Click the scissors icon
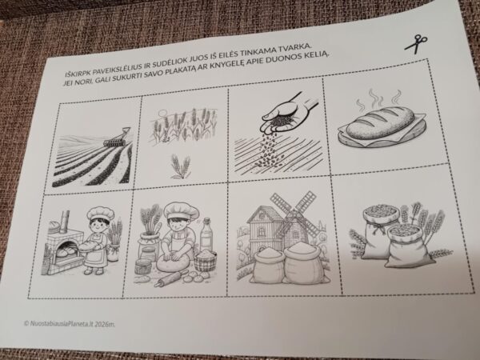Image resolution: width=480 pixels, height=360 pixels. point(416,44)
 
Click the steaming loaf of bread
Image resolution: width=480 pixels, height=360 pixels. point(381,124)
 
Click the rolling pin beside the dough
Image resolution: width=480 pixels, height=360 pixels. point(171,278)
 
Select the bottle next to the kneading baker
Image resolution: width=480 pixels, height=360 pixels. point(206,234)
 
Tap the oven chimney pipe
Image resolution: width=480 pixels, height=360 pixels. point(65,222)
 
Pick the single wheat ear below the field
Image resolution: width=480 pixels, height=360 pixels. point(181,166)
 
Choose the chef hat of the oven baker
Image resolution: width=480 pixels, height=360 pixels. point(100,214)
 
